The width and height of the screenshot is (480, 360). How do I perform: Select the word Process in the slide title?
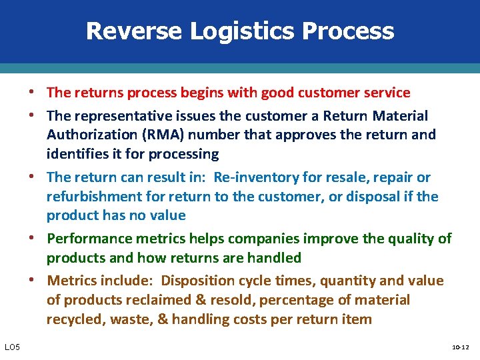pyautogui.click(x=354, y=31)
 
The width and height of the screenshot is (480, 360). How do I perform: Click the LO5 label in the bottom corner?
pyautogui.click(x=12, y=346)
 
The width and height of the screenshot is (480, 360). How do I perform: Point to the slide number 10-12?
pyautogui.click(x=461, y=347)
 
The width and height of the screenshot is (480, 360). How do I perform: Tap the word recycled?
pyautogui.click(x=75, y=319)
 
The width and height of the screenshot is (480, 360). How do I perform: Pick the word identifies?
pyautogui.click(x=75, y=154)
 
